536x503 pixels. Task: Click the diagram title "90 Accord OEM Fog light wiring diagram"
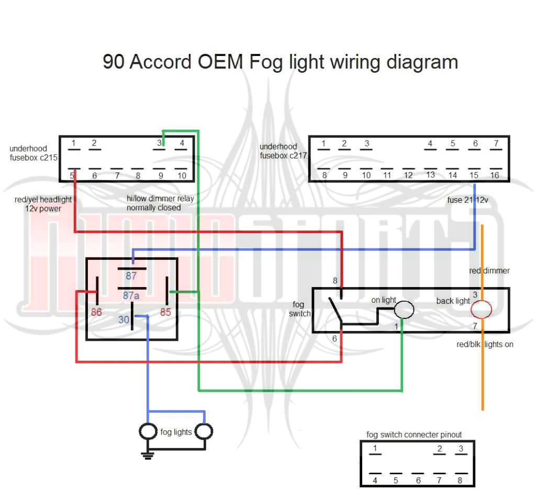click(x=280, y=62)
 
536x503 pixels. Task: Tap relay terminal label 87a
click(x=131, y=295)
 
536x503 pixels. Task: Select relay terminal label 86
click(x=96, y=313)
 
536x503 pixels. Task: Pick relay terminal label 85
click(x=165, y=313)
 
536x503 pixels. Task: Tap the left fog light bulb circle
click(x=148, y=431)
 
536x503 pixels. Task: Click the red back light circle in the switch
click(x=482, y=310)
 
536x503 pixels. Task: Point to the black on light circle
click(x=404, y=310)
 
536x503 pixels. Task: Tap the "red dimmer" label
click(x=489, y=270)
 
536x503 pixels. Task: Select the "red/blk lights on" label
click(x=484, y=344)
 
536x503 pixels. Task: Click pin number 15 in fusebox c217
click(x=474, y=175)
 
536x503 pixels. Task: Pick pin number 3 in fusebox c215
click(x=159, y=143)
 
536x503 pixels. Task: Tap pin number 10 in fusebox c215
click(x=182, y=176)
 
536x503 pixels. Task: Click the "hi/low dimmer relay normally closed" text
click(x=153, y=203)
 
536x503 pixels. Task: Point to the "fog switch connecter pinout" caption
click(x=414, y=435)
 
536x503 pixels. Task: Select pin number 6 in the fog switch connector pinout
click(x=417, y=480)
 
